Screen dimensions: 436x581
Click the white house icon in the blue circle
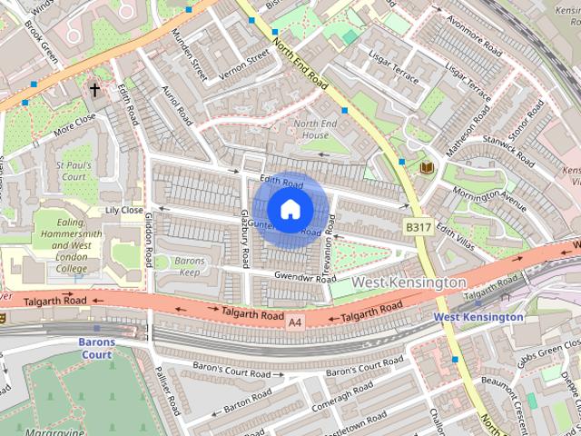(289, 209)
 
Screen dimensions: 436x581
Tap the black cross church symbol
(94, 89)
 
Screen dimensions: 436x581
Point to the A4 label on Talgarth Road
(294, 322)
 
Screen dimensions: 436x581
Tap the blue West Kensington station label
(478, 317)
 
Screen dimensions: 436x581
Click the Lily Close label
(124, 210)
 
